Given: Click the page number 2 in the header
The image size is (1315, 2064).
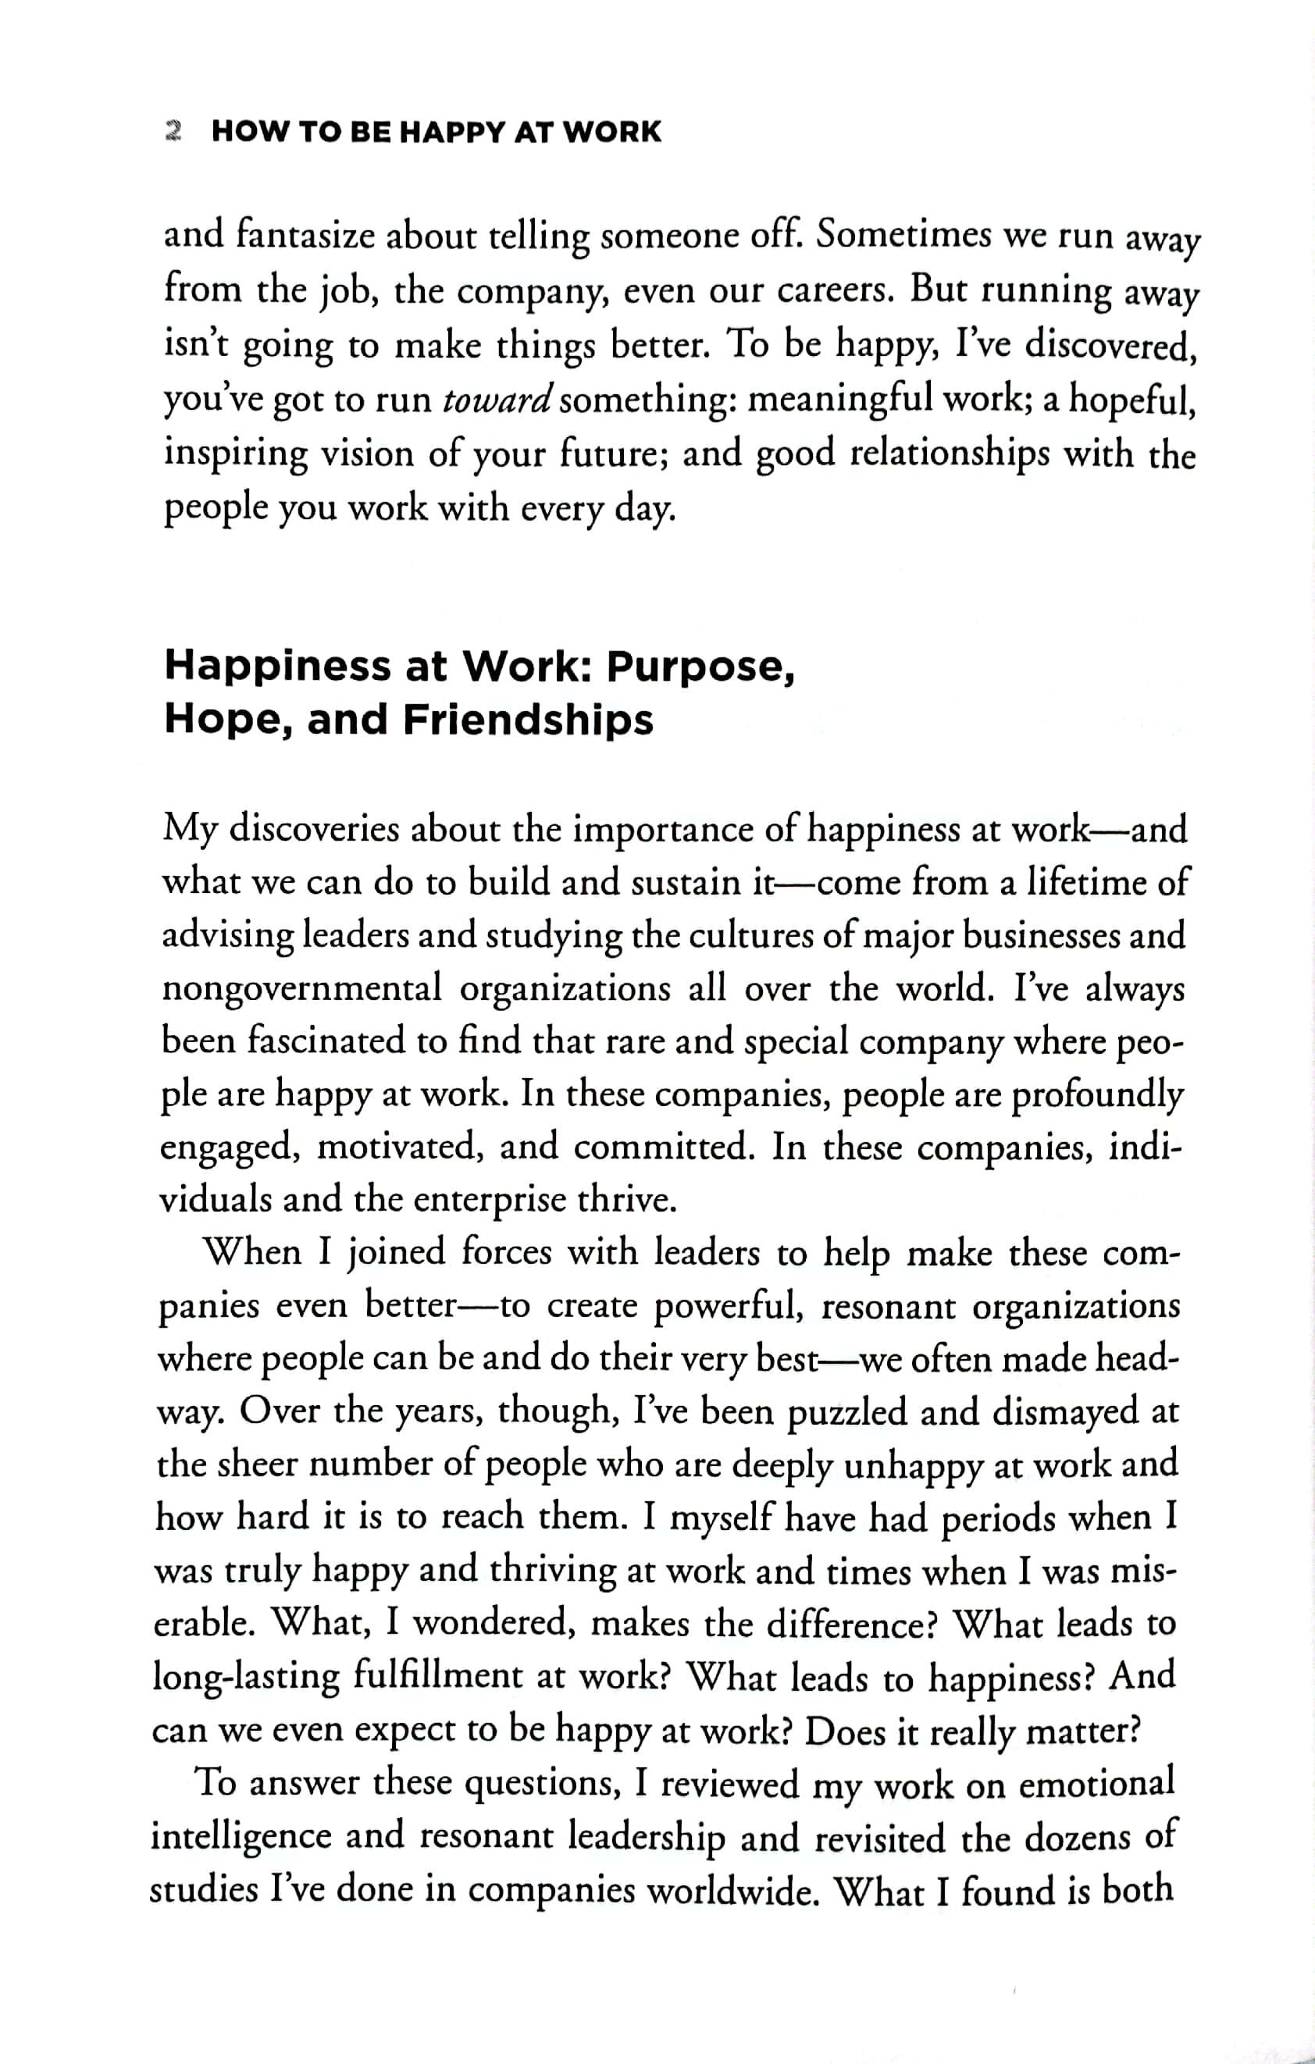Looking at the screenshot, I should pyautogui.click(x=173, y=131).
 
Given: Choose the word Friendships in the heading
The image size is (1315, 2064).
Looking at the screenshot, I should pyautogui.click(x=528, y=720).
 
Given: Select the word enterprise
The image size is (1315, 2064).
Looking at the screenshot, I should pyautogui.click(x=489, y=1199).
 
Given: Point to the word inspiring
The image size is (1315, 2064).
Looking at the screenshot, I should pyautogui.click(x=235, y=454).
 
